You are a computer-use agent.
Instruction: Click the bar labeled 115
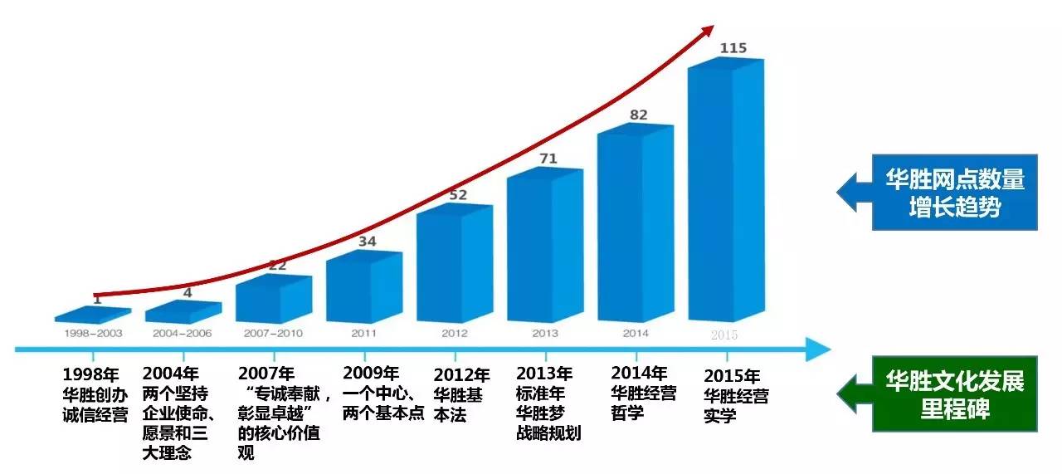724,191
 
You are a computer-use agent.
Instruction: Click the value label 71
547,159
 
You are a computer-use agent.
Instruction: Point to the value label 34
367,242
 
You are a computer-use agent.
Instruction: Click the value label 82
638,115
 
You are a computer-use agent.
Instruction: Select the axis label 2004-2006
183,334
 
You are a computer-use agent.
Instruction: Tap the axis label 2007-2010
273,334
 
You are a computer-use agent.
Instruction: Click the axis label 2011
363,334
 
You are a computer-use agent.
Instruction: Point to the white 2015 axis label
723,335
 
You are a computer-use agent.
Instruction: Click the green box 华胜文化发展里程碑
954,393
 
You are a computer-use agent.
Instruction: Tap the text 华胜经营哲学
643,402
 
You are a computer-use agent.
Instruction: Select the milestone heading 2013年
544,374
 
